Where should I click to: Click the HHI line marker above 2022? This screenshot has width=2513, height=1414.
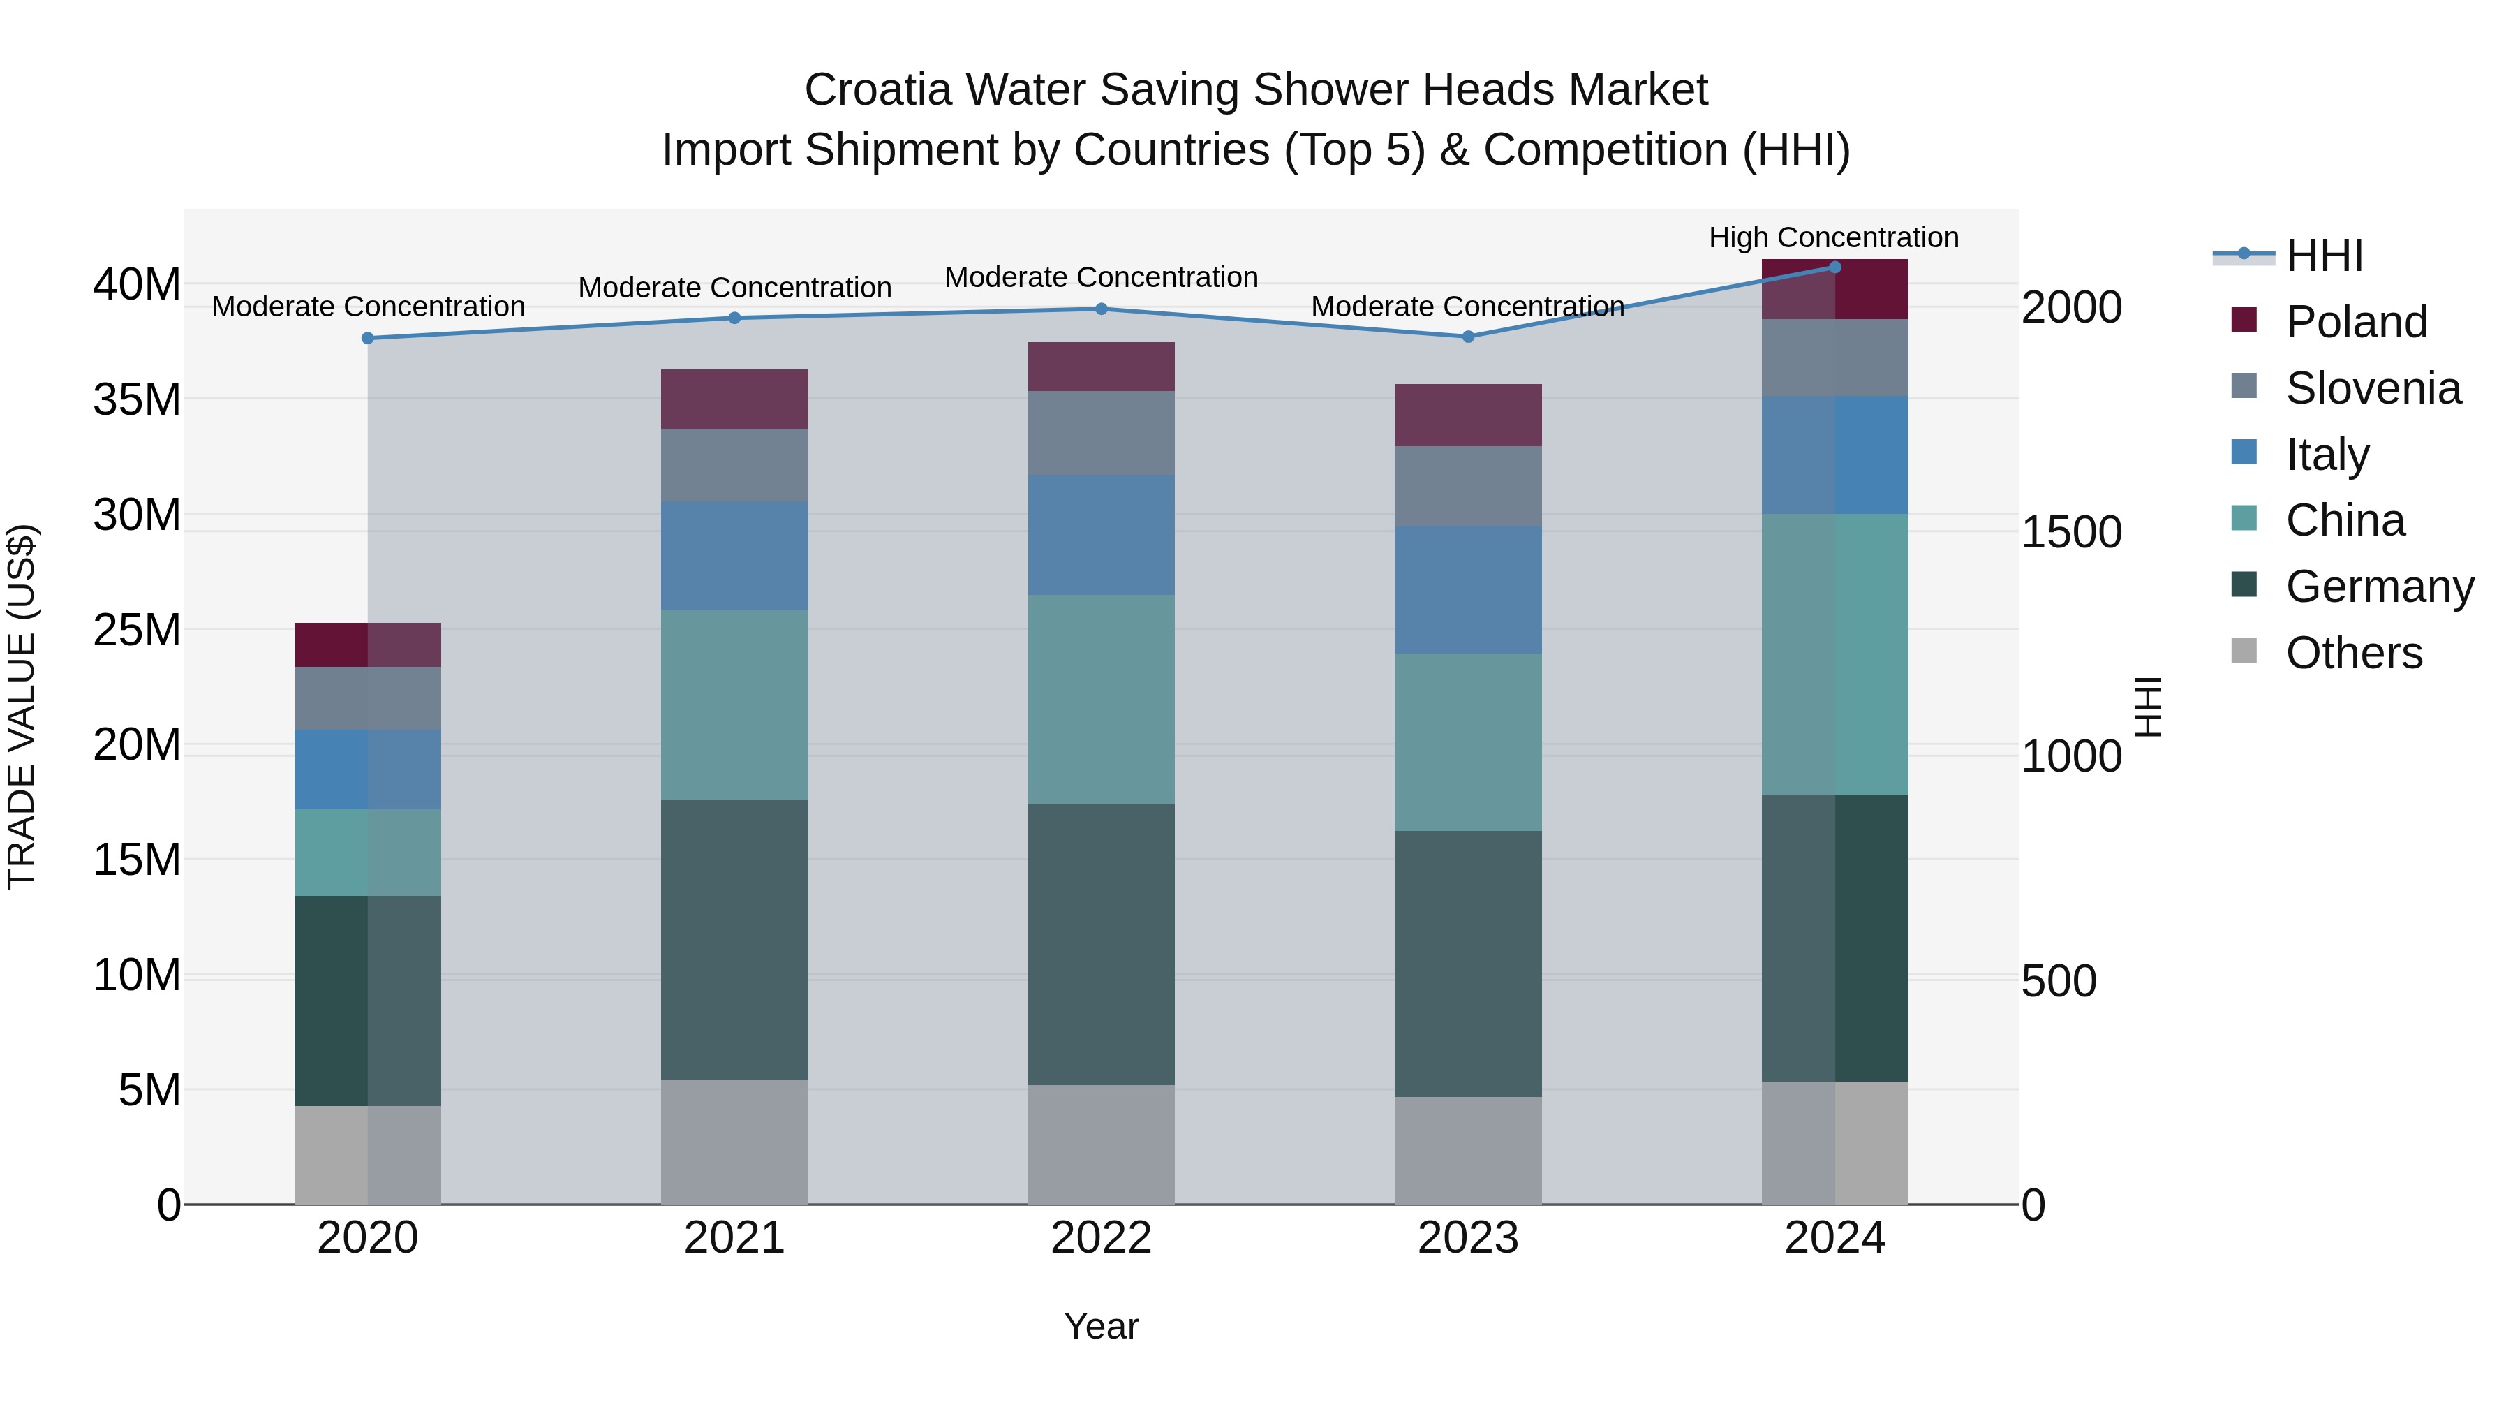(x=1102, y=309)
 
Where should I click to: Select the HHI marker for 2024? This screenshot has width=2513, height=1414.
(x=1834, y=267)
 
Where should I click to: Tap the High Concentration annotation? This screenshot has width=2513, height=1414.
(x=1833, y=237)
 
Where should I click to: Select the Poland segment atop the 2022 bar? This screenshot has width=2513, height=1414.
(x=1102, y=366)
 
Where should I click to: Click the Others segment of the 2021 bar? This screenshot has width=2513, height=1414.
(x=734, y=1141)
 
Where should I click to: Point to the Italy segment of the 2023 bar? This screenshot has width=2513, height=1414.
(x=1467, y=589)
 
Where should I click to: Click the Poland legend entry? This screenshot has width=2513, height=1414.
(x=2356, y=322)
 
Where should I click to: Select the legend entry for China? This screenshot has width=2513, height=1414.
(x=2344, y=520)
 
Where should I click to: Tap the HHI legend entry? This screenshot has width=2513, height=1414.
(x=2324, y=256)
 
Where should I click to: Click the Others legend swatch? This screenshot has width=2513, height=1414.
(x=2244, y=651)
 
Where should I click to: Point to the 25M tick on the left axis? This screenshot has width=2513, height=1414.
(x=137, y=629)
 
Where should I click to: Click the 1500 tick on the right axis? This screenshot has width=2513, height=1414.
(x=2070, y=532)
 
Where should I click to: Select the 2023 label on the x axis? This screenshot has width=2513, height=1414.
(x=1467, y=1238)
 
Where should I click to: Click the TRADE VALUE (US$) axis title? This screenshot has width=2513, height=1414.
(x=22, y=707)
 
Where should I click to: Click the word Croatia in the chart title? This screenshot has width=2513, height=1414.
(x=877, y=90)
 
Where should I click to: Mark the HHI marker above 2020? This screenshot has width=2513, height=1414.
(x=368, y=338)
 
